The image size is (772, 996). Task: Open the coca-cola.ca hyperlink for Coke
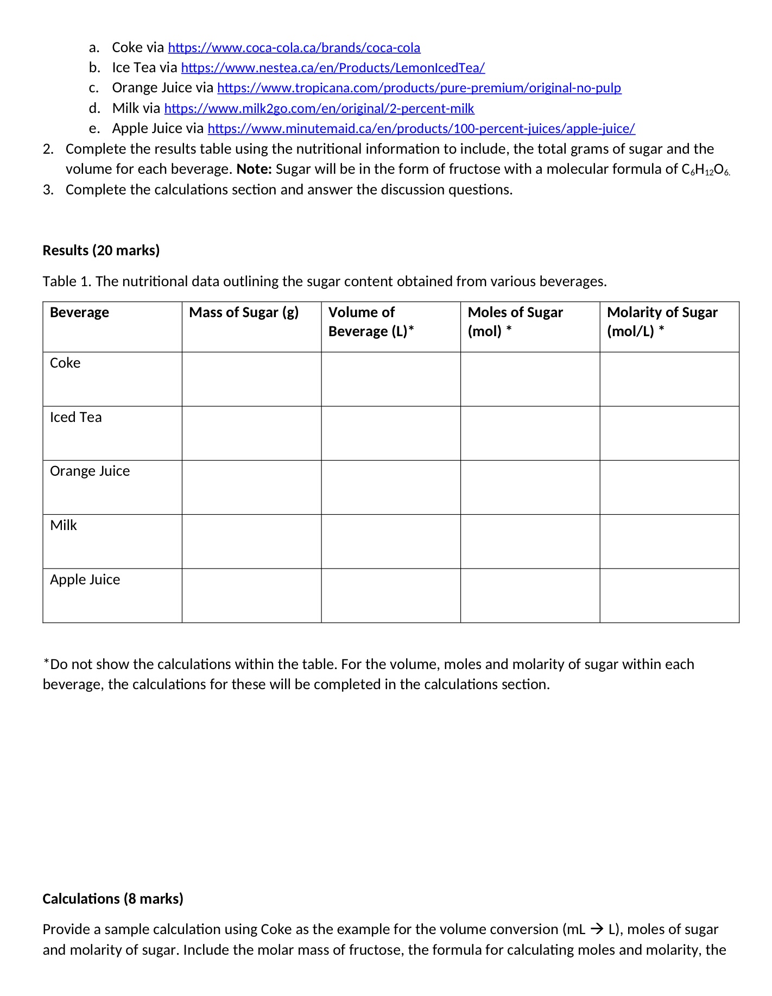coord(294,48)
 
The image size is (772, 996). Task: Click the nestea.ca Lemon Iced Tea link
coord(332,68)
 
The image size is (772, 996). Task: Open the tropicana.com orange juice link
coord(419,88)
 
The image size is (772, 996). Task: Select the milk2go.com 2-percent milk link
coord(319,109)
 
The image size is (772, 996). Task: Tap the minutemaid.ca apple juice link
coord(421,129)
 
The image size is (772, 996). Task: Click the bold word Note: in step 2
coord(254,169)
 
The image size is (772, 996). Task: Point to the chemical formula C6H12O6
coord(705,169)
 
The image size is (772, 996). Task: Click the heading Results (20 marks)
coord(101,250)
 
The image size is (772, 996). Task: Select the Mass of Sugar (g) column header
coord(244,313)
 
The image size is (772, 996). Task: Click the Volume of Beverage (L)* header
coord(371,322)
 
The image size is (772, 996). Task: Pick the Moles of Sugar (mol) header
coord(515,322)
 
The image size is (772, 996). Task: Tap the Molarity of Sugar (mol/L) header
coord(662,322)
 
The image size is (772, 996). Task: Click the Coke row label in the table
coord(65,363)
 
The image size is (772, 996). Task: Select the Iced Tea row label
coord(75,417)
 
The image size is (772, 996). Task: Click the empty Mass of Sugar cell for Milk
coord(251,541)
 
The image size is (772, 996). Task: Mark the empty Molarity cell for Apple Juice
coord(669,595)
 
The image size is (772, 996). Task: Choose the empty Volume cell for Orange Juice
coord(390,487)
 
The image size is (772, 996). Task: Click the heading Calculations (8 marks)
coord(113,899)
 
